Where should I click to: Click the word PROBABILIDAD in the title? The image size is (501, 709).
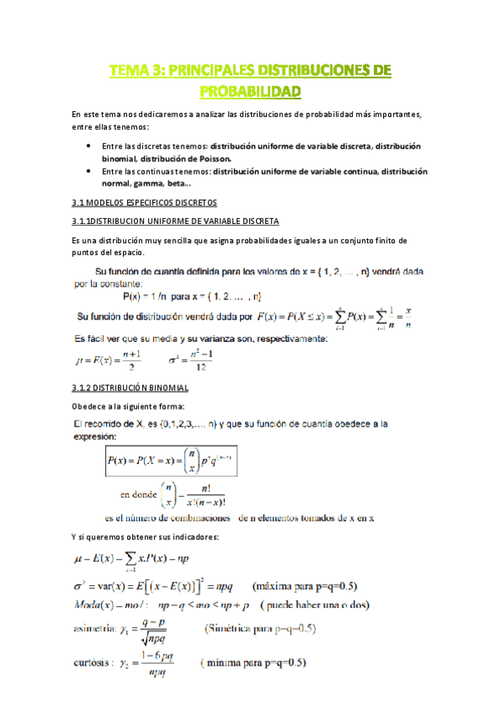click(x=250, y=89)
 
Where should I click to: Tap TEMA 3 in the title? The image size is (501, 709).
click(x=133, y=70)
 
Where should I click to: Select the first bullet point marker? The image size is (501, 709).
click(x=89, y=145)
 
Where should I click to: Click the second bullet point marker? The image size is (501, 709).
click(x=89, y=171)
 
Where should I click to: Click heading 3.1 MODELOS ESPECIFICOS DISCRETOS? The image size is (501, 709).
click(x=144, y=202)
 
